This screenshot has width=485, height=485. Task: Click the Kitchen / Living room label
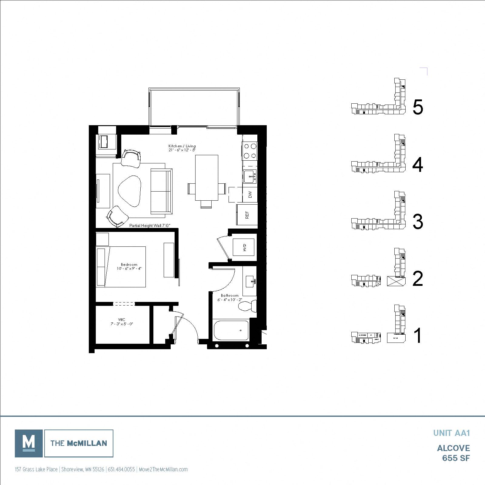(182, 148)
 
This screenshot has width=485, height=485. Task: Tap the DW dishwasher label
(250, 194)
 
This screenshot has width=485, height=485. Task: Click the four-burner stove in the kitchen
(249, 151)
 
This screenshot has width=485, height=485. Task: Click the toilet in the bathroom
(248, 306)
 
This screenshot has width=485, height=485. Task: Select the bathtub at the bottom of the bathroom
(231, 330)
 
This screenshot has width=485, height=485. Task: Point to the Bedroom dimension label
(129, 266)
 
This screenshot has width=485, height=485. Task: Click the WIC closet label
(122, 322)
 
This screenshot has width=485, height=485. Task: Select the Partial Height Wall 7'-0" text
(150, 226)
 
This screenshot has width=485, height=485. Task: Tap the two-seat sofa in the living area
(161, 191)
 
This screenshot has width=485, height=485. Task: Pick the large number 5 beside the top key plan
(418, 107)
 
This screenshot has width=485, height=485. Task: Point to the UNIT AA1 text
(451, 433)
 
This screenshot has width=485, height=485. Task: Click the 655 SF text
(456, 458)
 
